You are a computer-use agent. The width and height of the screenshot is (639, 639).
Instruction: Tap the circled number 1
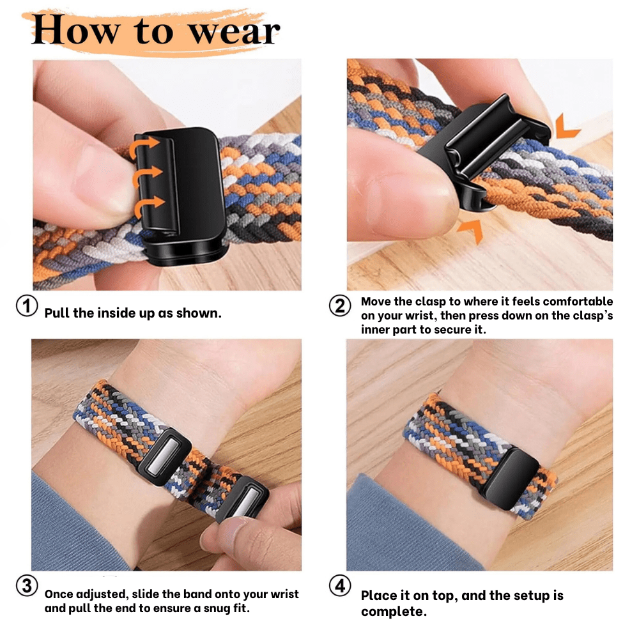pos(27,305)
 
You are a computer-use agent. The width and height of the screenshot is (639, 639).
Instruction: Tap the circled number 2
pos(340,306)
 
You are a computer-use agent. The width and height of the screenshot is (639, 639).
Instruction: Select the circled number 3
pos(27,586)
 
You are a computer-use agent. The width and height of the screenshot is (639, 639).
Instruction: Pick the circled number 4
pos(340,585)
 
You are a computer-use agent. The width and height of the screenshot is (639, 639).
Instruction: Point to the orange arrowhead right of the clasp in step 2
pos(567,127)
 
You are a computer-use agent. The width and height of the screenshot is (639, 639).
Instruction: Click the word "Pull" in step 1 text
pos(57,314)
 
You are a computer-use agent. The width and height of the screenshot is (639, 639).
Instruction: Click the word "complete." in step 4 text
pos(394,612)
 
